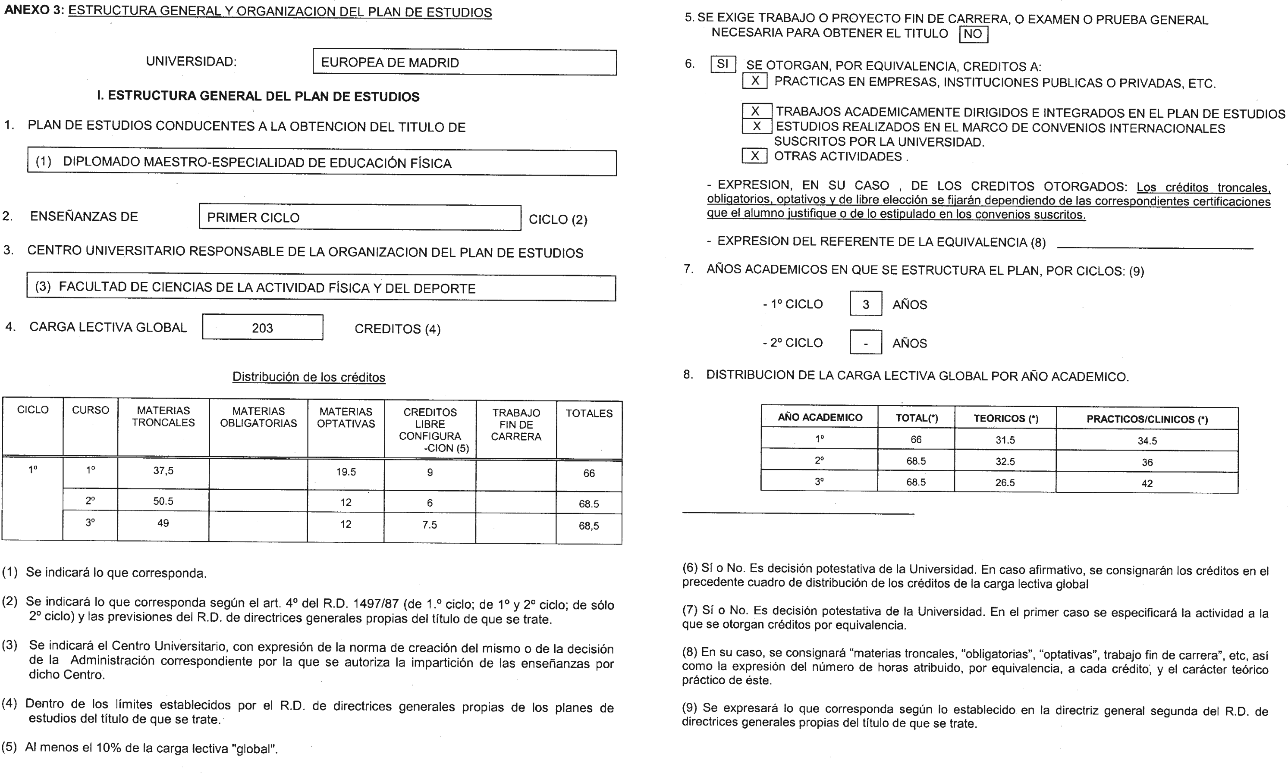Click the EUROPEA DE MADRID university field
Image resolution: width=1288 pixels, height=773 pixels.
(464, 63)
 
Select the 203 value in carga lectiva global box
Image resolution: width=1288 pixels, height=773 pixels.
(262, 328)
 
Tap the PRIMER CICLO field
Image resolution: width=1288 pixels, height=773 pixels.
(359, 217)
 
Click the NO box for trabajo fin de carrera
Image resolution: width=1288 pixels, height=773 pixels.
(973, 34)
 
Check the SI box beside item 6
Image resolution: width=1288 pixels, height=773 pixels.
(723, 64)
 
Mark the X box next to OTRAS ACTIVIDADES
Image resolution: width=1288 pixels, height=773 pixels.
(754, 156)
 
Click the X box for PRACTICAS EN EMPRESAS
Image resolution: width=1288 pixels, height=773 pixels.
(754, 81)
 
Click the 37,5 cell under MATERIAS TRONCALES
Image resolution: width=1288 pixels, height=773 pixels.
(163, 471)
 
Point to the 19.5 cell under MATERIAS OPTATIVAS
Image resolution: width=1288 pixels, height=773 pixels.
(346, 472)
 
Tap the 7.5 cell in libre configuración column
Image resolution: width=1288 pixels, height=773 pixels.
(430, 525)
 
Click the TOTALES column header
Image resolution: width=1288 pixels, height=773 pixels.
(589, 413)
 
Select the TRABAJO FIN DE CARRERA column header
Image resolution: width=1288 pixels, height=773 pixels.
(516, 425)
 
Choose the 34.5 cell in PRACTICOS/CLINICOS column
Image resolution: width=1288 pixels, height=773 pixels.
(1147, 441)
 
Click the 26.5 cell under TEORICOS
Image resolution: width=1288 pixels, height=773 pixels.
(1005, 483)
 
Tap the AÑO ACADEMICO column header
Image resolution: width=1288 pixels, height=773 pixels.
(820, 417)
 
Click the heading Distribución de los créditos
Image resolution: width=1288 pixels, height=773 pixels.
(308, 377)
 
